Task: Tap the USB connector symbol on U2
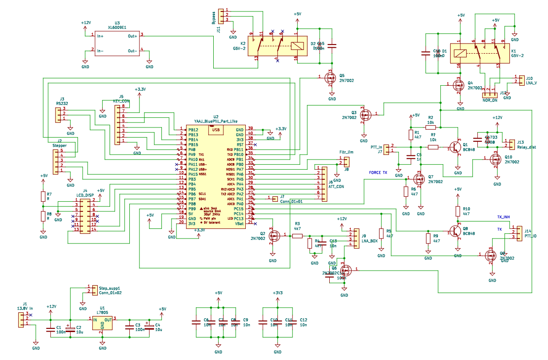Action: pyautogui.click(x=214, y=130)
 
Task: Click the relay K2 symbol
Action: pyautogui.click(x=274, y=46)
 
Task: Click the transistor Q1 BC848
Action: pyautogui.click(x=455, y=148)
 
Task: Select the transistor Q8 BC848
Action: pyautogui.click(x=455, y=231)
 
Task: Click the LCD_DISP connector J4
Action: pyautogui.click(x=85, y=215)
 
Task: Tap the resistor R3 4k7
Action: pyautogui.click(x=298, y=236)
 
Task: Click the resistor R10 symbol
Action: pyautogui.click(x=457, y=211)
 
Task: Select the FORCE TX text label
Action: pyautogui.click(x=379, y=173)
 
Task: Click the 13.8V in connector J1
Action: pyautogui.click(x=22, y=319)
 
